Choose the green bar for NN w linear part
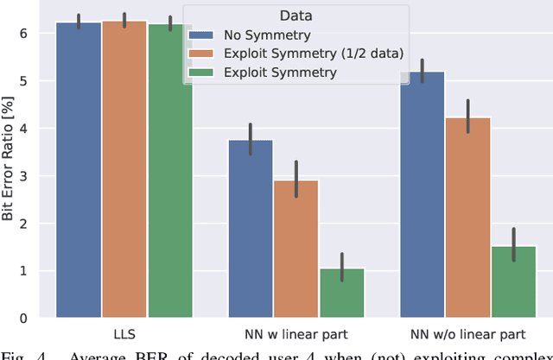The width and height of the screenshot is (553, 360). pos(342,293)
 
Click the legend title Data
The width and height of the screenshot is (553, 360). pos(296,15)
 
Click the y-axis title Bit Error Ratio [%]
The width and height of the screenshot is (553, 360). pos(10,163)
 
